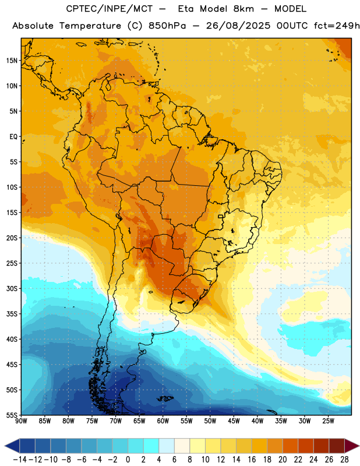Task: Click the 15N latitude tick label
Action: click(12, 61)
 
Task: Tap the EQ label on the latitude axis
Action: click(13, 137)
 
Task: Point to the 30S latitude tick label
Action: click(12, 288)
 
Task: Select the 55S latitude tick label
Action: click(12, 415)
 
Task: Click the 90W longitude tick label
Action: click(21, 421)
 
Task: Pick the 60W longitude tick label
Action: click(163, 421)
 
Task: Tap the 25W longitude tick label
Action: click(328, 421)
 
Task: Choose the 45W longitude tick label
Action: click(234, 421)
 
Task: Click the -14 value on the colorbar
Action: click(20, 460)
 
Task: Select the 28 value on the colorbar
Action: click(344, 460)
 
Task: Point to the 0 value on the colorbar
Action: click(128, 460)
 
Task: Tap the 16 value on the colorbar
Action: click(252, 460)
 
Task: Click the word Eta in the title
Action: click(186, 9)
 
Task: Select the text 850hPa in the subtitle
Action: click(167, 26)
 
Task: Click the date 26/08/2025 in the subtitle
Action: click(238, 26)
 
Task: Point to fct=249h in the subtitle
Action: click(337, 26)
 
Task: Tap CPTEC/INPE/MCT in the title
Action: click(110, 9)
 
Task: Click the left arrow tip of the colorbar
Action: click(5, 446)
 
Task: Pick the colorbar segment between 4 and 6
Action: click(167, 446)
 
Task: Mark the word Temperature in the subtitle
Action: click(90, 26)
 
